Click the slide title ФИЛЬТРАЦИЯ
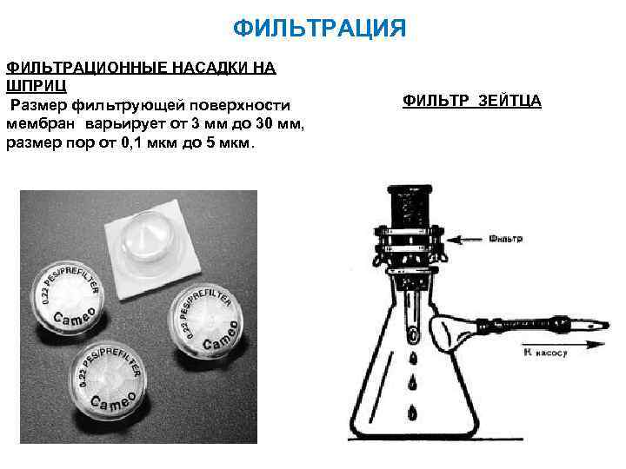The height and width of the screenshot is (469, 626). point(320,30)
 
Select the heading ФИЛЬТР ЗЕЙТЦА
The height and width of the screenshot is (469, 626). point(472,102)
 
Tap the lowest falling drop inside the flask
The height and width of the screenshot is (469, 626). point(412,413)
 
